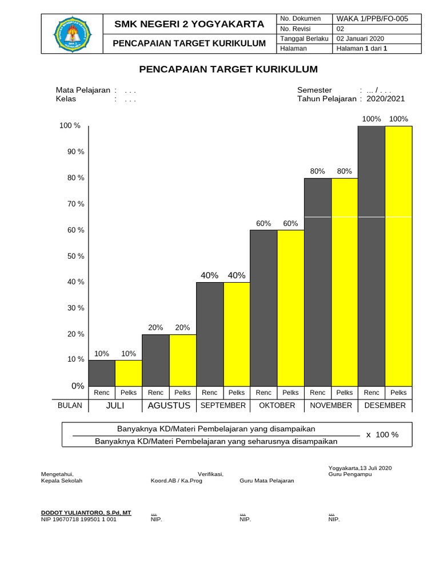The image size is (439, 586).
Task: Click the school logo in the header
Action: (x=72, y=34)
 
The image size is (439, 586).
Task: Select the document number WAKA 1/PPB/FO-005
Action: (x=372, y=19)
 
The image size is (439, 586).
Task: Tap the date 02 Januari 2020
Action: (x=360, y=38)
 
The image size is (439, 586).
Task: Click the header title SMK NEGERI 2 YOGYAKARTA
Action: (x=189, y=24)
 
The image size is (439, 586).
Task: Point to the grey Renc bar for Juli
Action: (x=102, y=373)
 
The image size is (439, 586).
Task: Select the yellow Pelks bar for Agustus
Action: (x=182, y=361)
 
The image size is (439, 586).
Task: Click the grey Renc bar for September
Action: (x=210, y=334)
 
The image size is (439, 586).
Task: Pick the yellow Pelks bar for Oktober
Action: (x=290, y=308)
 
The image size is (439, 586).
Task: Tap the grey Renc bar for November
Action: (x=318, y=282)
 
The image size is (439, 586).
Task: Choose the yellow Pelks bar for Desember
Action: (x=398, y=256)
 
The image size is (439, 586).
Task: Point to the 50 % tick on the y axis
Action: (x=76, y=256)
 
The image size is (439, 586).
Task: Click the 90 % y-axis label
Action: (x=76, y=152)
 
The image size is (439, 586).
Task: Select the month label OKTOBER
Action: (x=277, y=406)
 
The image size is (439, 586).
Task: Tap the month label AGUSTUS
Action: (x=169, y=406)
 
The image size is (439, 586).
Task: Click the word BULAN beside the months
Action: (x=70, y=406)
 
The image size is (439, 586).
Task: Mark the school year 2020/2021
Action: (x=386, y=98)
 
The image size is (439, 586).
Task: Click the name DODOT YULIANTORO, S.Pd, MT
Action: (x=86, y=513)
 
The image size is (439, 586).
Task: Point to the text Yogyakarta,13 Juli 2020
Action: (x=360, y=468)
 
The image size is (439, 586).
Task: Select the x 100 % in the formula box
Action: (x=382, y=435)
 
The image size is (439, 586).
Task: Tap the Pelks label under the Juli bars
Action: (x=129, y=393)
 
